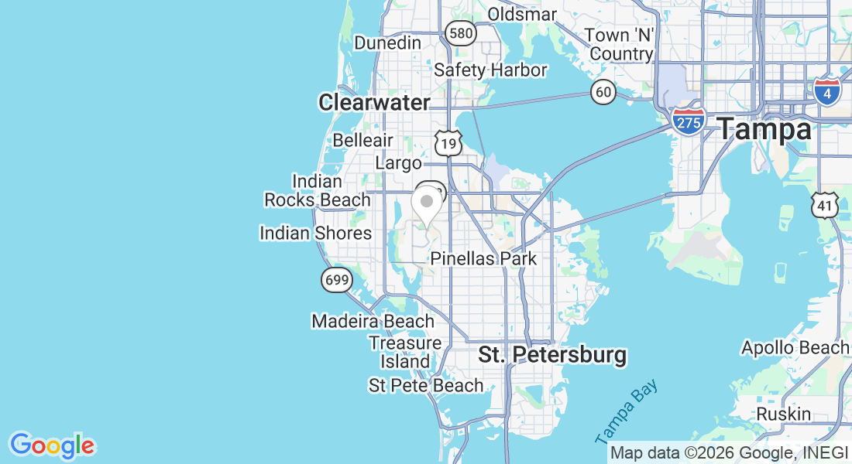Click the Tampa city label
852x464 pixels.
click(764, 129)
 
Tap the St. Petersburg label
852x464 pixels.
click(551, 355)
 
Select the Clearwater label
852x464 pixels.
click(374, 102)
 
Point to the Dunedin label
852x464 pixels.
click(387, 43)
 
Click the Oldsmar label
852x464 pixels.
click(523, 14)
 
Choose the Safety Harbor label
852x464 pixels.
click(490, 70)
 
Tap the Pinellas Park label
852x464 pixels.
click(483, 258)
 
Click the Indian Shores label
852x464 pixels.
click(315, 233)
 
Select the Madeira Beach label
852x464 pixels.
click(373, 321)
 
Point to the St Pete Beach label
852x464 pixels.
click(426, 385)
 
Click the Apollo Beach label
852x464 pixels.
click(795, 348)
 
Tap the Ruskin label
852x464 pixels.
click(783, 414)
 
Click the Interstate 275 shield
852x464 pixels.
click(688, 121)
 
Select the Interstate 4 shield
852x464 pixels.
click(827, 90)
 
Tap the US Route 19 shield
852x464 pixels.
click(448, 142)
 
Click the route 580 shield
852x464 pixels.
click(460, 32)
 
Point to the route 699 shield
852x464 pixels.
click(337, 280)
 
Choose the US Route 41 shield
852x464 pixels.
click(824, 205)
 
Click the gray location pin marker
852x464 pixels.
click(426, 203)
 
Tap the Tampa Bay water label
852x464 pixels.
click(627, 411)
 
